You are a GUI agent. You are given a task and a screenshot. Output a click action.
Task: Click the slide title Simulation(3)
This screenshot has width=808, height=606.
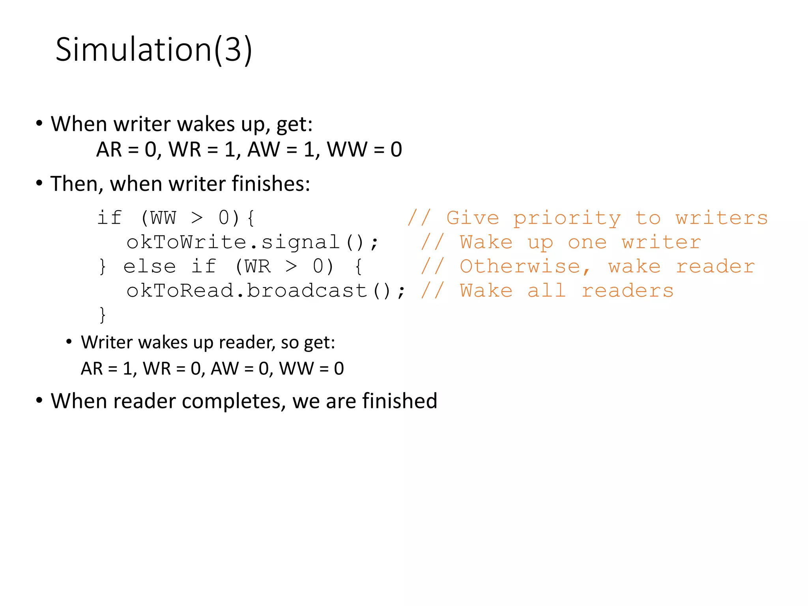coord(153,50)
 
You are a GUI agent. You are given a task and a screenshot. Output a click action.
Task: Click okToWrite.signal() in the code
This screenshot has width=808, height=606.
coord(252,242)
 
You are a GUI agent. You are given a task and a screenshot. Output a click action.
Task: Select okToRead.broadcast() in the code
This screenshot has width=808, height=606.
coord(266,291)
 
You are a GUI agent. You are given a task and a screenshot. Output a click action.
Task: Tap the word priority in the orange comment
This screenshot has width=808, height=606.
coord(567,218)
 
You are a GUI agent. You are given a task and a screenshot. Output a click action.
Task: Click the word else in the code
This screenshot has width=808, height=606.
coord(150,267)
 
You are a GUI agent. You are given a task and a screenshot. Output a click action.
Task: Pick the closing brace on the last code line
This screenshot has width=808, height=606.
coord(103,315)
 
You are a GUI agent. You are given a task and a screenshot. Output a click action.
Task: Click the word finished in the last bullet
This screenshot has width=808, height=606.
coord(400,401)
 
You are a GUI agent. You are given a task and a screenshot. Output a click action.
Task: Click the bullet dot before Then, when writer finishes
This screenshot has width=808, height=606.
coord(39,183)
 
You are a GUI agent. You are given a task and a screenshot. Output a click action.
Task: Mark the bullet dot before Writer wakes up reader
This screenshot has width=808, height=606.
coord(69,342)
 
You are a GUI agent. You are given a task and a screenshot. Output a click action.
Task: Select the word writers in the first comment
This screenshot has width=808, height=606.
coord(722,218)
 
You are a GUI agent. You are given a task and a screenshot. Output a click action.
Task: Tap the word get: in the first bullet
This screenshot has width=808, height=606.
coord(294,124)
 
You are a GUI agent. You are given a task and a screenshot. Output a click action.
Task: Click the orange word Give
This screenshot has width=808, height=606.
coord(473,218)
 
